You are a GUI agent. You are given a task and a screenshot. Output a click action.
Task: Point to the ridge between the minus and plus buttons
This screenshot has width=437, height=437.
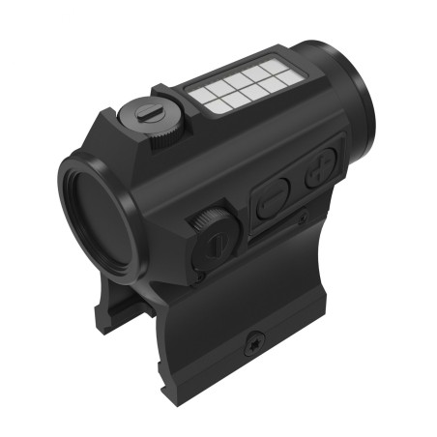(297, 185)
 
